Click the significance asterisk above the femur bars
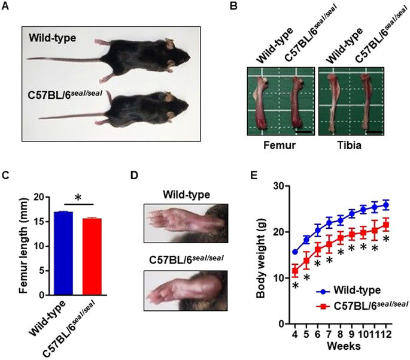(x=76, y=198)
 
